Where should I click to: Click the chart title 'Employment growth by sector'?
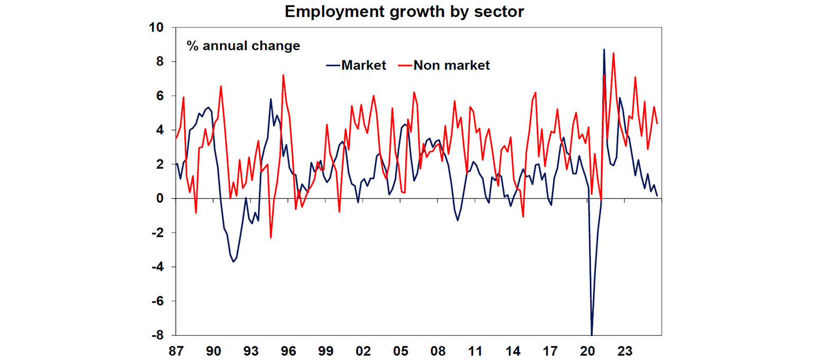click(404, 12)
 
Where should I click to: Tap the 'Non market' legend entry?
click(451, 65)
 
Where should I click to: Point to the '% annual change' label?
click(243, 46)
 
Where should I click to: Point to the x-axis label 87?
click(176, 351)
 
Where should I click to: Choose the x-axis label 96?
click(288, 351)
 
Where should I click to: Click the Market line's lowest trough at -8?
click(591, 334)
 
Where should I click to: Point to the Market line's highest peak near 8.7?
click(604, 50)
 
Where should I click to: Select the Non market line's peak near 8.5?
click(613, 53)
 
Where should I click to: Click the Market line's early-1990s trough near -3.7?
click(233, 262)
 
